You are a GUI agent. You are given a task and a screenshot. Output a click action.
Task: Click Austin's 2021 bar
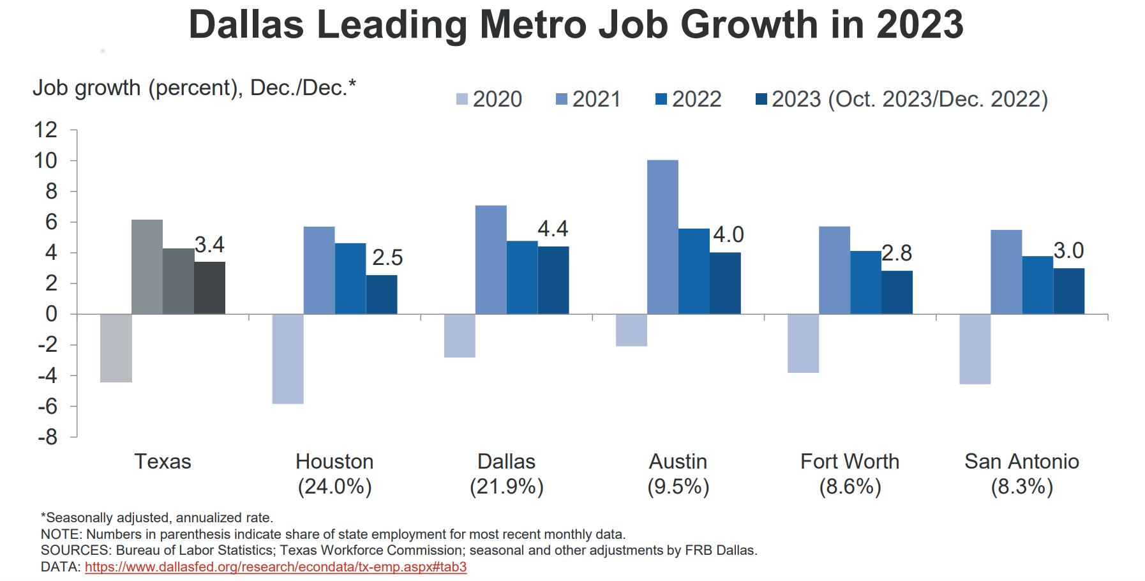[x=662, y=237]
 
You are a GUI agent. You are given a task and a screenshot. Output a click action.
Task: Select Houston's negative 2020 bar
[x=288, y=359]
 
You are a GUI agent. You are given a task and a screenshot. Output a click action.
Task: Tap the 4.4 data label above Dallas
[x=553, y=229]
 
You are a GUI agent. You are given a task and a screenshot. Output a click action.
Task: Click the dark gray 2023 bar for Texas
[x=209, y=288]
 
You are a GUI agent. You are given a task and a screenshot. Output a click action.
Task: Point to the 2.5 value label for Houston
[x=387, y=258]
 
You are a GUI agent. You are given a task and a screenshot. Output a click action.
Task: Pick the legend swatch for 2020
[x=462, y=100]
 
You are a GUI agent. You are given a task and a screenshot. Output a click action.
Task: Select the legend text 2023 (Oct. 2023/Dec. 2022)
[x=909, y=100]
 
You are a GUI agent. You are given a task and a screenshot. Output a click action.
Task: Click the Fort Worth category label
[x=849, y=462]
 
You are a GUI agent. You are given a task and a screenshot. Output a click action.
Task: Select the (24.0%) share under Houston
[x=334, y=487]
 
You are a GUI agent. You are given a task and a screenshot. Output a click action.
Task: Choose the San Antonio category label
[x=1021, y=462]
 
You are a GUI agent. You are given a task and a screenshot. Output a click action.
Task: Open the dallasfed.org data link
[x=276, y=567]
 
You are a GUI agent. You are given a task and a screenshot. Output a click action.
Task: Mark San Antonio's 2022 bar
[x=1037, y=285]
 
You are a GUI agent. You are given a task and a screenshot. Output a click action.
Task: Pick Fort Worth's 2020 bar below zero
[x=803, y=343]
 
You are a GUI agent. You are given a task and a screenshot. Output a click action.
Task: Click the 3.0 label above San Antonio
[x=1068, y=251]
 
